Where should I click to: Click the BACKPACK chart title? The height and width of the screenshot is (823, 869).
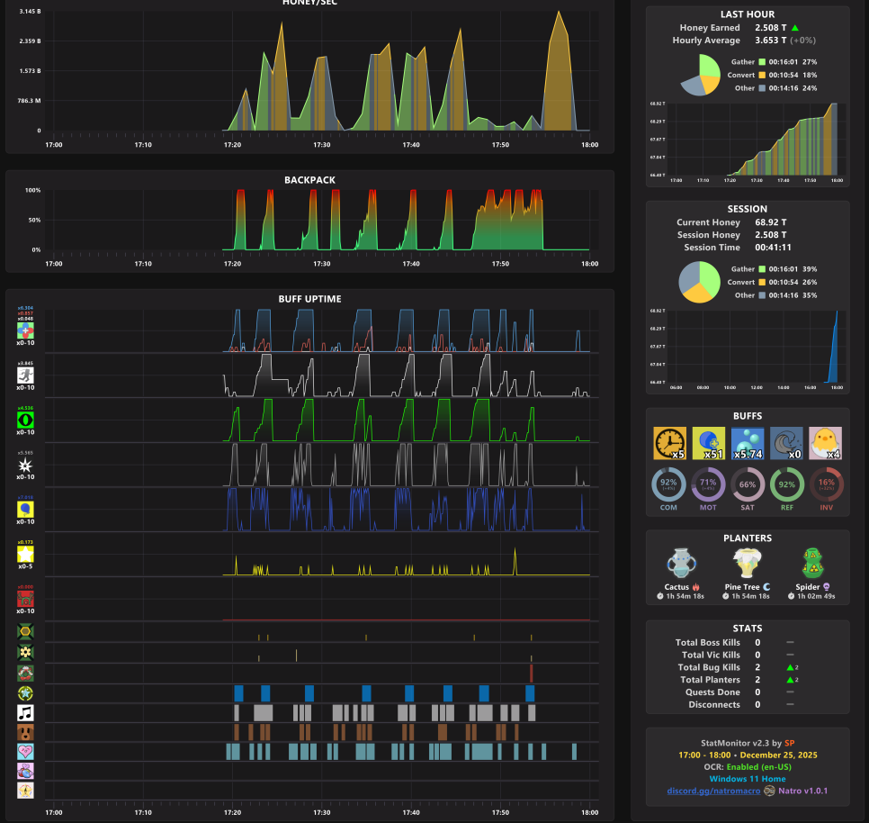[309, 180]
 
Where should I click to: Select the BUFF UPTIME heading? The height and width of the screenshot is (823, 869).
[309, 299]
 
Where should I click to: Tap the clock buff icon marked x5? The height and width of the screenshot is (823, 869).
[669, 443]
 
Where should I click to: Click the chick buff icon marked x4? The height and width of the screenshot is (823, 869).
[825, 443]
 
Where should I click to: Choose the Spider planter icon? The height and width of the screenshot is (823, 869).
[812, 564]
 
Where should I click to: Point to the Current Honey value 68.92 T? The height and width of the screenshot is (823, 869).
[770, 222]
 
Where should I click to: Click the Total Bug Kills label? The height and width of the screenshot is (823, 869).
[710, 667]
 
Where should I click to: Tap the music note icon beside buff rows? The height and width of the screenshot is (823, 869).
[25, 712]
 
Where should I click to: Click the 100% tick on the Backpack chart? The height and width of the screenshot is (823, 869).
[32, 190]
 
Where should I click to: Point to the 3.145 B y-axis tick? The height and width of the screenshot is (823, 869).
[30, 12]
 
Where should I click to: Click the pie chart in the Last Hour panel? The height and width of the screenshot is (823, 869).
[700, 74]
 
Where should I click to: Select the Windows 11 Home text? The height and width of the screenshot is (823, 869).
[748, 779]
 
